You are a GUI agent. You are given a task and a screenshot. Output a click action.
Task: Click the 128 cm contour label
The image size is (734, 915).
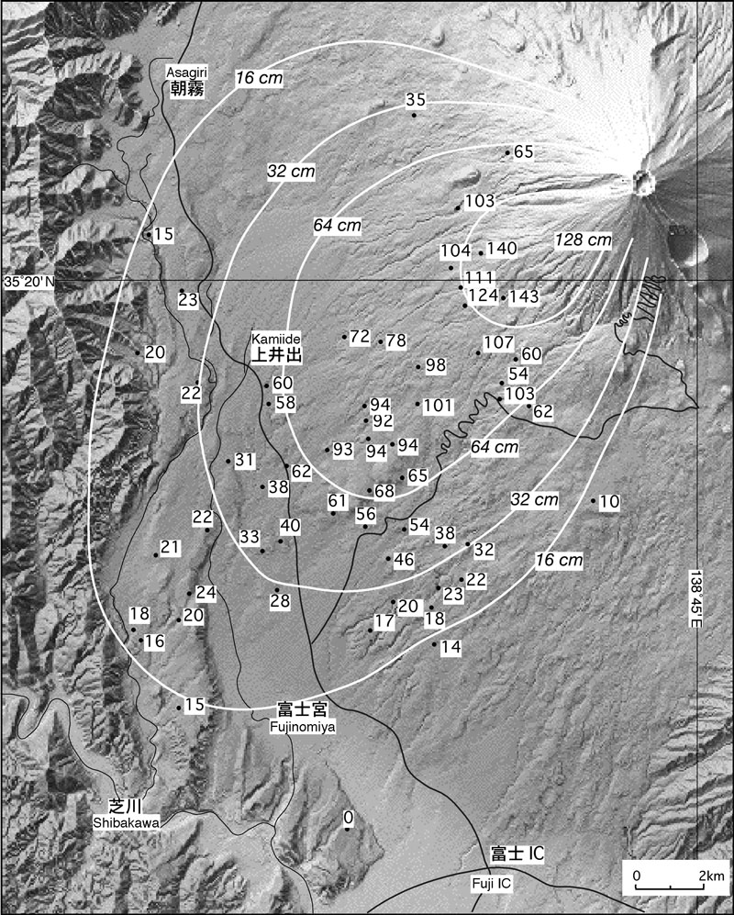tap(583, 240)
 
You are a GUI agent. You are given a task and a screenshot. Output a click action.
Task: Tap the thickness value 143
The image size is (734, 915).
tap(524, 296)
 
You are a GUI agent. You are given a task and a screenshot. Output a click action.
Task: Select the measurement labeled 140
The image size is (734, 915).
tap(502, 249)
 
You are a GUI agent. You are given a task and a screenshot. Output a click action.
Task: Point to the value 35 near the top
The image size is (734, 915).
tap(416, 101)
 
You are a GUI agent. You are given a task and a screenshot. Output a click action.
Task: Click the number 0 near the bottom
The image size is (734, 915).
tap(348, 817)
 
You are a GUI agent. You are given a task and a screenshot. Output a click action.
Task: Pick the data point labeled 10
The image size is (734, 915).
tap(610, 501)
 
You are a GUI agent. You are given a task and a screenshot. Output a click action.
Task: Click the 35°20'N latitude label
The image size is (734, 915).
tap(28, 282)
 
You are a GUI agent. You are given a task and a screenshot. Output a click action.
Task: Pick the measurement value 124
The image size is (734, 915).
tap(483, 296)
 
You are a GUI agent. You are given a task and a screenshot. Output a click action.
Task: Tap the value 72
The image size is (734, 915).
tap(360, 336)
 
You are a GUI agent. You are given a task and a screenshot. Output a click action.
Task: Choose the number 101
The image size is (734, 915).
tap(439, 405)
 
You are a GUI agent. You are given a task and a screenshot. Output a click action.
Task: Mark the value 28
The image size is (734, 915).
tap(280, 600)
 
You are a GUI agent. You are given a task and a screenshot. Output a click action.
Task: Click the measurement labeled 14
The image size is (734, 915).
tap(450, 647)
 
